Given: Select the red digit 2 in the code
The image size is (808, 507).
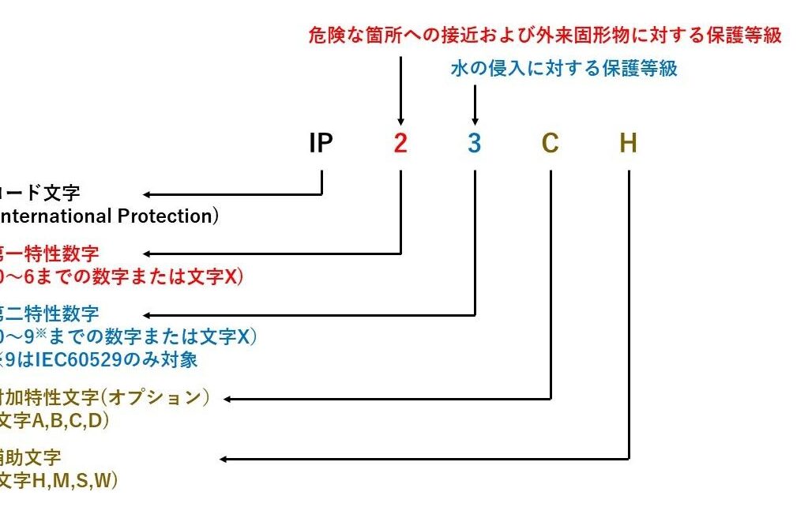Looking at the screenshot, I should click(400, 144).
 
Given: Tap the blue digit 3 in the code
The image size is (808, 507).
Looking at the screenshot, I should click(474, 144).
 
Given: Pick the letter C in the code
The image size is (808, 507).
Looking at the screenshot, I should click(551, 144).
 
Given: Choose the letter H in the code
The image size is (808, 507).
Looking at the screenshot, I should click(628, 144).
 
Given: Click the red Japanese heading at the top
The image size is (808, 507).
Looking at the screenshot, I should click(545, 36).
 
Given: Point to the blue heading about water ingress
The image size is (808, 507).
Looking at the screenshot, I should click(564, 69).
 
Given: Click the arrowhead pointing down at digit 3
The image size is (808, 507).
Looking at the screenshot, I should click(475, 119).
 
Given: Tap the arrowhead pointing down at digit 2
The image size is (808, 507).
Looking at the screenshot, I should click(400, 119).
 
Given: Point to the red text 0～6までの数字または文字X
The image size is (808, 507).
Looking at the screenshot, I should click(122, 276).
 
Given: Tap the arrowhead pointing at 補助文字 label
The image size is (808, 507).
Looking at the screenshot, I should click(224, 459).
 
